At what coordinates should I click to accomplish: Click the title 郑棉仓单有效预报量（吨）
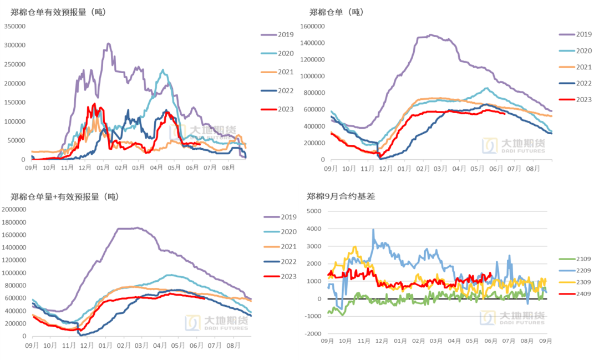click(58, 11)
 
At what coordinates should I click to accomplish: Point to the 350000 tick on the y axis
click(15, 26)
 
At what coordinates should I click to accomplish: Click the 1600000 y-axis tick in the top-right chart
click(312, 26)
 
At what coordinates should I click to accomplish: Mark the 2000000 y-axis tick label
click(15, 209)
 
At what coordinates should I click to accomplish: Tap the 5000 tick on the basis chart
click(314, 211)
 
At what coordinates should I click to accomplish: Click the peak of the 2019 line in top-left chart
click(108, 43)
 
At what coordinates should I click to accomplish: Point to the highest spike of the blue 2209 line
click(373, 229)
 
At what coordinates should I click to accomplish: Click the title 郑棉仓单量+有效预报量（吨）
click(65, 196)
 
